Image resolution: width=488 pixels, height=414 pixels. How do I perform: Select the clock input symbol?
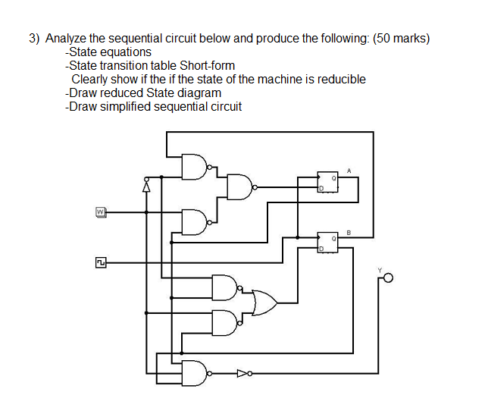coord(99,262)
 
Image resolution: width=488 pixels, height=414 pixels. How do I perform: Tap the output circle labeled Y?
coord(389,279)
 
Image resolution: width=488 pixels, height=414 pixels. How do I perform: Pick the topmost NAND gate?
coord(194,167)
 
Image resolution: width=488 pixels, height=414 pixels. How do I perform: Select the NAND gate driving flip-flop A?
coord(240,186)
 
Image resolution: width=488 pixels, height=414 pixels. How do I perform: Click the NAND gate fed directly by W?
coord(194,221)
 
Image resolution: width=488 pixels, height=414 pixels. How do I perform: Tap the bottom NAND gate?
coord(194,372)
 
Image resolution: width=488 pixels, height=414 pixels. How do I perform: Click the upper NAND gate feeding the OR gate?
coord(225,287)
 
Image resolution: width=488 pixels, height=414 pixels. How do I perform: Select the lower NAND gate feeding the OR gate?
coord(225,322)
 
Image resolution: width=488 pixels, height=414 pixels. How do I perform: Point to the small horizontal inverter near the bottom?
coord(242,372)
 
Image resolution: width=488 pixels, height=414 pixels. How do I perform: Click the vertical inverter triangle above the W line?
coord(146,184)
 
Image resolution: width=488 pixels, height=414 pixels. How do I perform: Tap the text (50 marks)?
coord(401,39)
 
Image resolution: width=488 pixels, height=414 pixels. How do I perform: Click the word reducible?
coord(339,80)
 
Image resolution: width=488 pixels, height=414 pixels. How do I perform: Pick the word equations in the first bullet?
coord(127,52)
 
